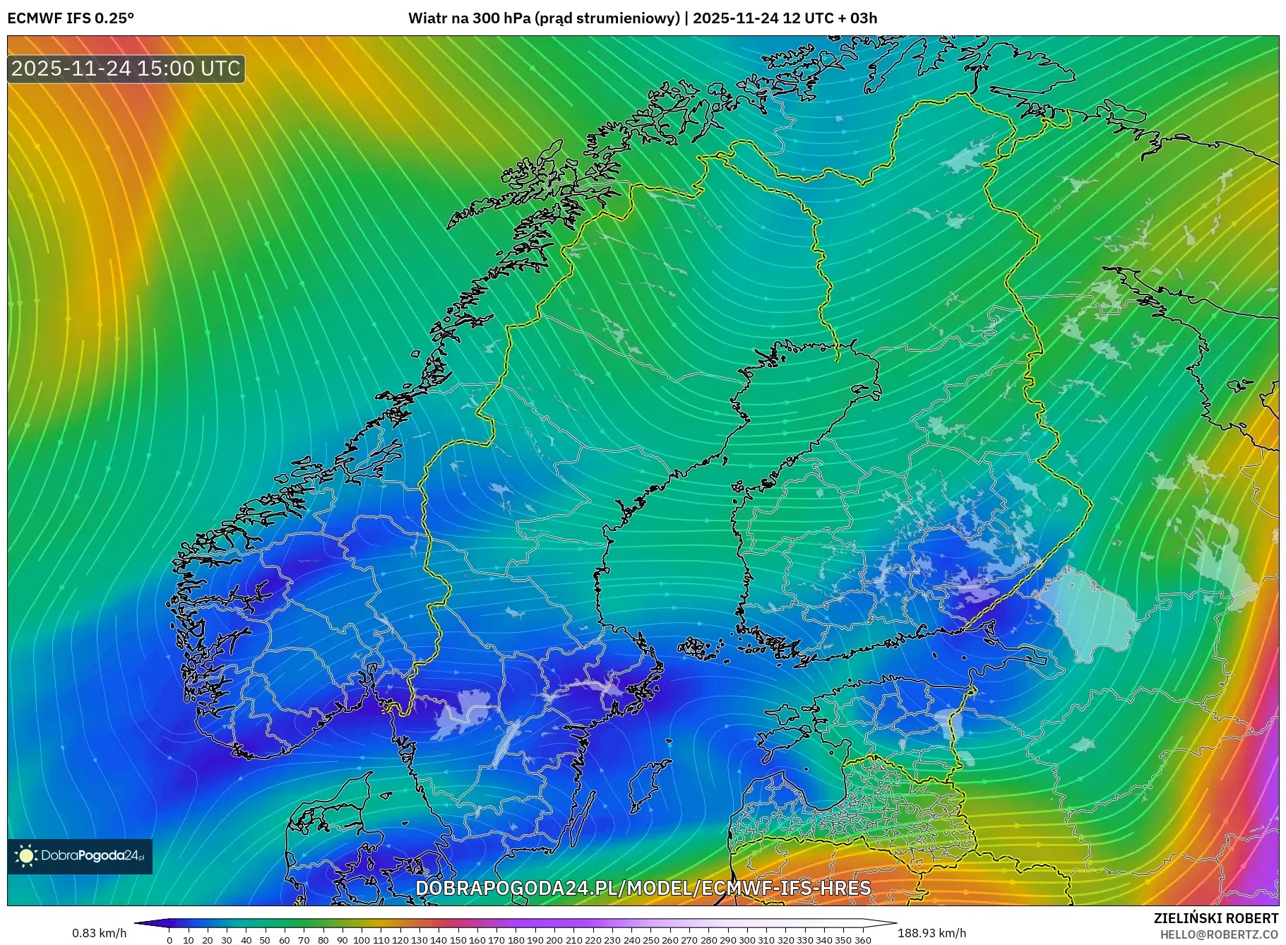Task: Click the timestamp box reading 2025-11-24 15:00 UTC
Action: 126,69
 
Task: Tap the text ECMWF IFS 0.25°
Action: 71,18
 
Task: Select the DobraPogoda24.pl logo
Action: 80,856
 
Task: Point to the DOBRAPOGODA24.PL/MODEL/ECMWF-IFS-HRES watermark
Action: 643,888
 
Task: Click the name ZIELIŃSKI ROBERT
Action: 1215,918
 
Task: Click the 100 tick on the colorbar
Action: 362,940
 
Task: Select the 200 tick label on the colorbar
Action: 554,940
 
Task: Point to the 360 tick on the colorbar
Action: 862,940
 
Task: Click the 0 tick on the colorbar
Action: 169,940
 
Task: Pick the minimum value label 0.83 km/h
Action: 99,933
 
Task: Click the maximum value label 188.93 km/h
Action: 931,933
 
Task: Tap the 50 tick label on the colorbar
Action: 266,940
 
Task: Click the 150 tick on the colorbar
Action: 458,940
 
